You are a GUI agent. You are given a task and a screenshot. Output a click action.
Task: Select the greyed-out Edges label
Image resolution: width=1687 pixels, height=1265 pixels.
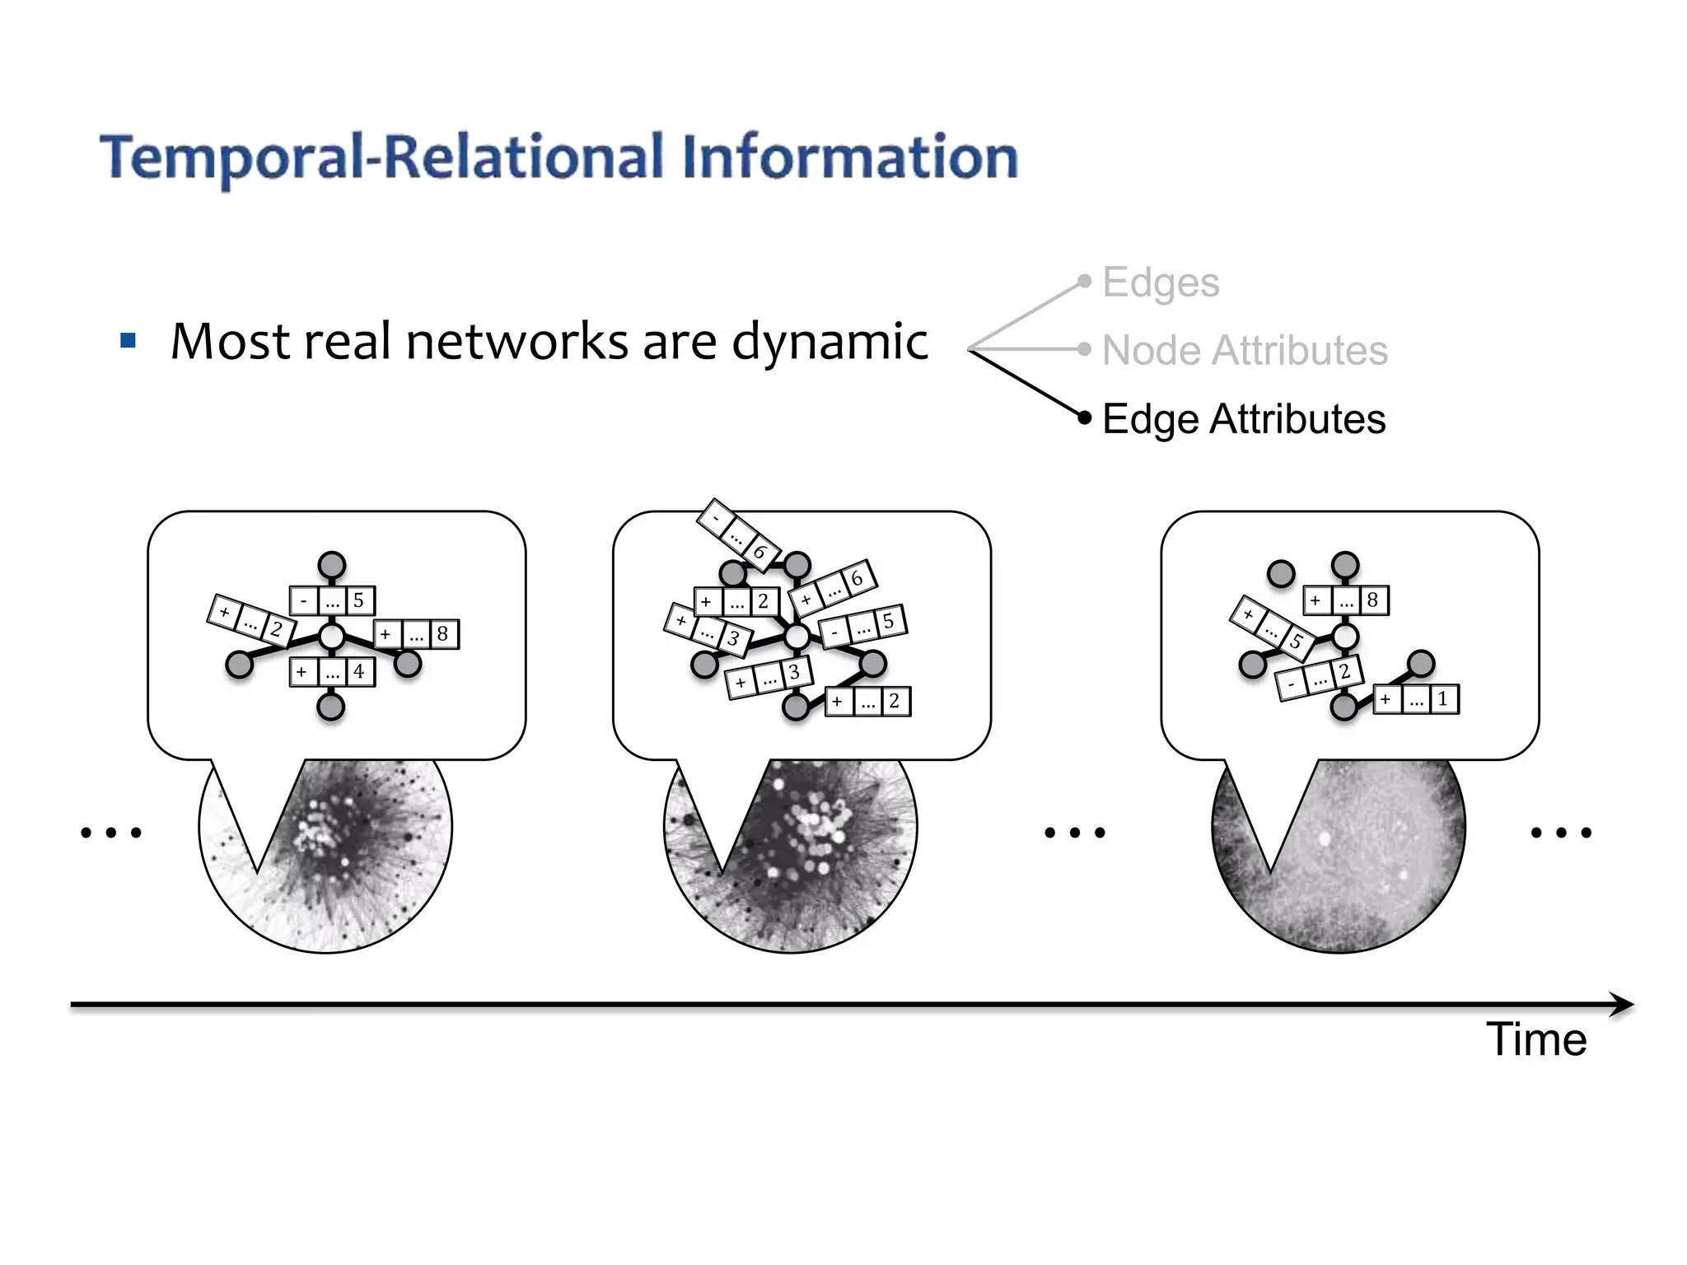tap(1160, 282)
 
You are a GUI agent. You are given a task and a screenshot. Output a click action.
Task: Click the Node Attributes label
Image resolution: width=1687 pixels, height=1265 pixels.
tap(1244, 351)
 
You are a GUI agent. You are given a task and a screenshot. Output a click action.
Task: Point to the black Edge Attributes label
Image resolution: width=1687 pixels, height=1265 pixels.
tap(1243, 419)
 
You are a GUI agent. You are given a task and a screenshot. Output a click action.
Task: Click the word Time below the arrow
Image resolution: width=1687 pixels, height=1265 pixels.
tap(1535, 1039)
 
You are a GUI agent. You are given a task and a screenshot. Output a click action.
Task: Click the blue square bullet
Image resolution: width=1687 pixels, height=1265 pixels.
tap(128, 341)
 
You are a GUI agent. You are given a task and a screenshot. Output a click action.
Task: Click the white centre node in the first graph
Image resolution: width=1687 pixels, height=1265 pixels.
tap(332, 637)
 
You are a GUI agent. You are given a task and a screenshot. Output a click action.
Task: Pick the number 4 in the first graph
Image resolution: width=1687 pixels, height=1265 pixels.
tap(358, 672)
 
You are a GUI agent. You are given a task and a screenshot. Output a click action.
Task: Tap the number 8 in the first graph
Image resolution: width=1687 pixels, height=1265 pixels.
tap(442, 634)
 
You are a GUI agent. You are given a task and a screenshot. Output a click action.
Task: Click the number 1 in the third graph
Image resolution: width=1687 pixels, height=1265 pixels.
tap(1442, 699)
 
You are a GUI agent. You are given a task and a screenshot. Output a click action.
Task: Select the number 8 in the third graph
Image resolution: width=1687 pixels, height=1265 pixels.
tap(1372, 600)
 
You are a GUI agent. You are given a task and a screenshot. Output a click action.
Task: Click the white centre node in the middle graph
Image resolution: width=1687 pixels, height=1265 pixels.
tap(797, 637)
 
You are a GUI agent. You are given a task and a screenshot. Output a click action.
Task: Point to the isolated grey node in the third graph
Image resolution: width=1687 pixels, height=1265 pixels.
tap(1281, 573)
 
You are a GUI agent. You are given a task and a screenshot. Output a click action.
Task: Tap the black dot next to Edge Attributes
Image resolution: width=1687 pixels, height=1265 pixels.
tap(1085, 418)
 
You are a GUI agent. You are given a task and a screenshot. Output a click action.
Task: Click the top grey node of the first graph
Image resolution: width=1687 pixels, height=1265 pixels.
tap(332, 566)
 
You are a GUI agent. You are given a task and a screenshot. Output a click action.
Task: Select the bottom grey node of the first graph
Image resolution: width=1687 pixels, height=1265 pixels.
tap(331, 707)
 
